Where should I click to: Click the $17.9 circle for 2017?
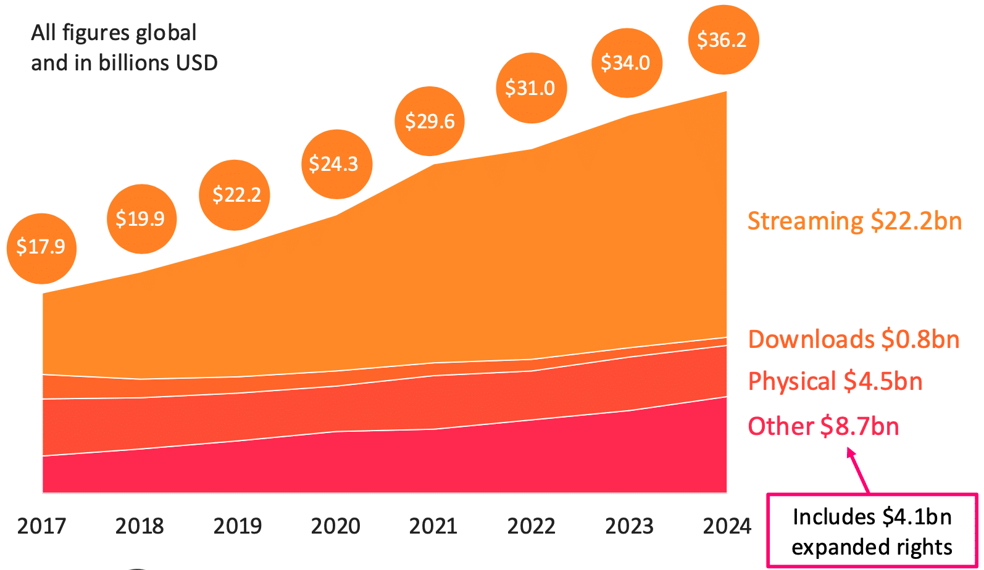[x=41, y=248]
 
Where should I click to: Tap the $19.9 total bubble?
[x=141, y=219]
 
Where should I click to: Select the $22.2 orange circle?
[x=235, y=195]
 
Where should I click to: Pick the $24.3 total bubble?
[x=336, y=164]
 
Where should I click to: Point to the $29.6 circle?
[x=430, y=122]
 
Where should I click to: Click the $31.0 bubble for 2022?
[x=531, y=88]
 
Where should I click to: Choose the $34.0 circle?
[x=627, y=63]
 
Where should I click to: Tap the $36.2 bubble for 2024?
[x=723, y=40]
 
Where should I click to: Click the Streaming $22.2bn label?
[x=854, y=221]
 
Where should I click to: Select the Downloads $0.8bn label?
[x=853, y=339]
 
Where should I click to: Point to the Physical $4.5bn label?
[x=835, y=381]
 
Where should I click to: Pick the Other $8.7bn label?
[x=823, y=426]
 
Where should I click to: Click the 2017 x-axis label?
[x=41, y=526]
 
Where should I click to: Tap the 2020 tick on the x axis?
[x=335, y=526]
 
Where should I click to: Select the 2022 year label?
[x=531, y=526]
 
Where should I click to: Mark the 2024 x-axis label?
[x=727, y=526]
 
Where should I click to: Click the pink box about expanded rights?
[x=872, y=531]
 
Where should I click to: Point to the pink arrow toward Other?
[x=859, y=470]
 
